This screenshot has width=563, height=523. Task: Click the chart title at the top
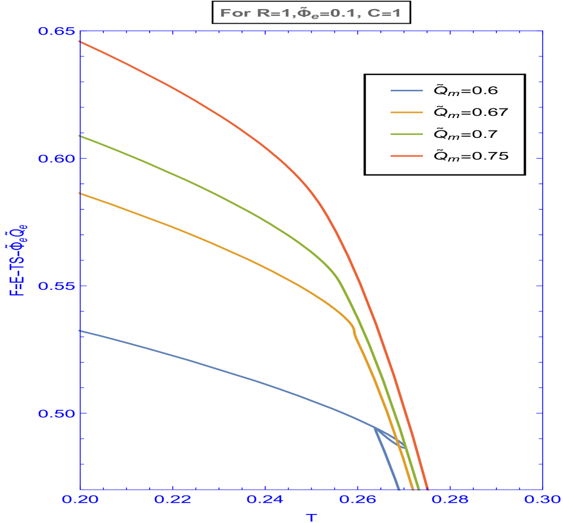(x=310, y=12)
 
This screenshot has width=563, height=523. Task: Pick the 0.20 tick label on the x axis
(x=80, y=500)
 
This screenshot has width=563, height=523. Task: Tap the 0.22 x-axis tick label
(x=173, y=500)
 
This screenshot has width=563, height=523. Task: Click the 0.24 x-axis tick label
(x=265, y=500)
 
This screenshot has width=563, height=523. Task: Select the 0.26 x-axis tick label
(x=357, y=500)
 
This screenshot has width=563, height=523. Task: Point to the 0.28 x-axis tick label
(x=450, y=500)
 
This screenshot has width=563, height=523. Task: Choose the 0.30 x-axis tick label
(x=542, y=500)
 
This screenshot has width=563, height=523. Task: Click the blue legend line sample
(x=407, y=90)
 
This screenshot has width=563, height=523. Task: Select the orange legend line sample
(x=407, y=112)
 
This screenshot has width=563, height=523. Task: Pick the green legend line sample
(x=407, y=134)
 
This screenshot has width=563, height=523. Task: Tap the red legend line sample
(x=407, y=155)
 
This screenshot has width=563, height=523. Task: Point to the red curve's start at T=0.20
(x=81, y=42)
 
